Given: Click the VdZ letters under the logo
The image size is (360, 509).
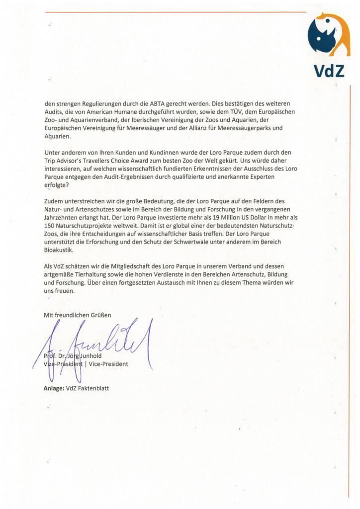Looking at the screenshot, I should click(329, 71).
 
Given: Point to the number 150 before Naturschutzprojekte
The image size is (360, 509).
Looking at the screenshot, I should click(50, 225).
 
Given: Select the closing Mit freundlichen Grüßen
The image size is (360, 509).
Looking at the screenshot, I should click(78, 315).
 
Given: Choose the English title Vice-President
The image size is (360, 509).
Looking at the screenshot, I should click(108, 364).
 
